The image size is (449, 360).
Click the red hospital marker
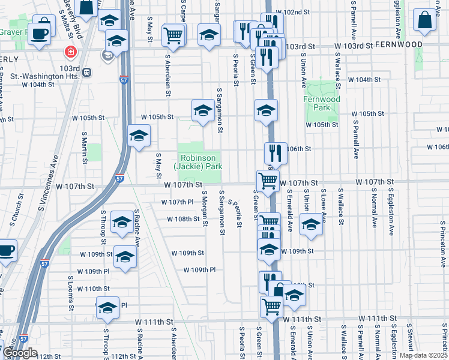tap(71, 52)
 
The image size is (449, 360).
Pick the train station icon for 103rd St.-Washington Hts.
tap(87, 73)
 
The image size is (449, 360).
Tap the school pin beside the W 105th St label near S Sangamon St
tap(203, 110)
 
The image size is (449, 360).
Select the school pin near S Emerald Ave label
tap(311, 225)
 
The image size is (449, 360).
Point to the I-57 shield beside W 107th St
tap(119, 178)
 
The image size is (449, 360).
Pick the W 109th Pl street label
tap(199, 270)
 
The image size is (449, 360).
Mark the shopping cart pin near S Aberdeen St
tap(173, 35)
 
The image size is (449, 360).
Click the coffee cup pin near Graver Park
tap(41, 33)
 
